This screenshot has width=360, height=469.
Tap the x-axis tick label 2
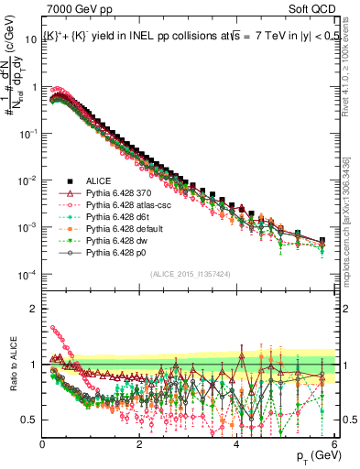coord(139,443)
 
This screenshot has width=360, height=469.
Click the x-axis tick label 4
coord(236,443)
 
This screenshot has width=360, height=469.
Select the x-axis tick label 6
coord(333,443)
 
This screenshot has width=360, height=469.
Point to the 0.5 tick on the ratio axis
coord(29,420)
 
